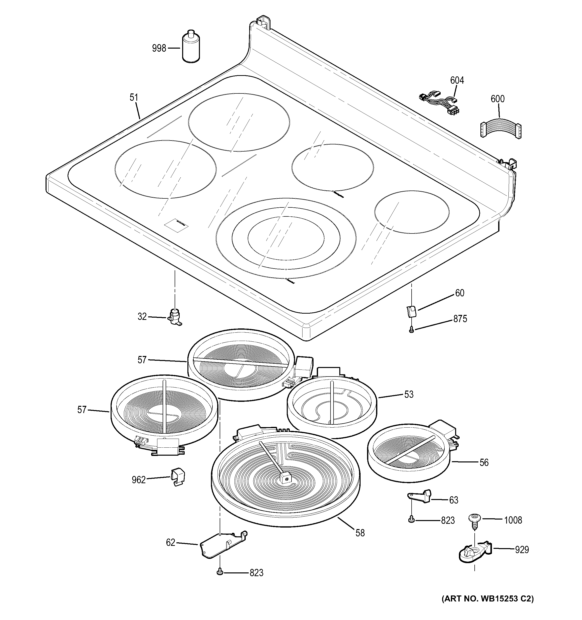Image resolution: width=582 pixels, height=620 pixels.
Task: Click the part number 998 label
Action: click(159, 48)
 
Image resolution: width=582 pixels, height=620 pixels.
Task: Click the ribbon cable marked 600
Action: click(500, 128)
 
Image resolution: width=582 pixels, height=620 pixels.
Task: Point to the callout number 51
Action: click(134, 98)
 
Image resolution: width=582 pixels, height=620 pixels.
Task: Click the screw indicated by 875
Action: click(412, 329)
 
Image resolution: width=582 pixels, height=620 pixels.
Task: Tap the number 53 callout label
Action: click(409, 394)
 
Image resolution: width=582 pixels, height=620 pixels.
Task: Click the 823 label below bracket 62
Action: click(256, 573)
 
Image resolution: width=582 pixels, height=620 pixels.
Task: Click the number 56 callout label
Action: click(484, 462)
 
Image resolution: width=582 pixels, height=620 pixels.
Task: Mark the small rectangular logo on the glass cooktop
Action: click(177, 225)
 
